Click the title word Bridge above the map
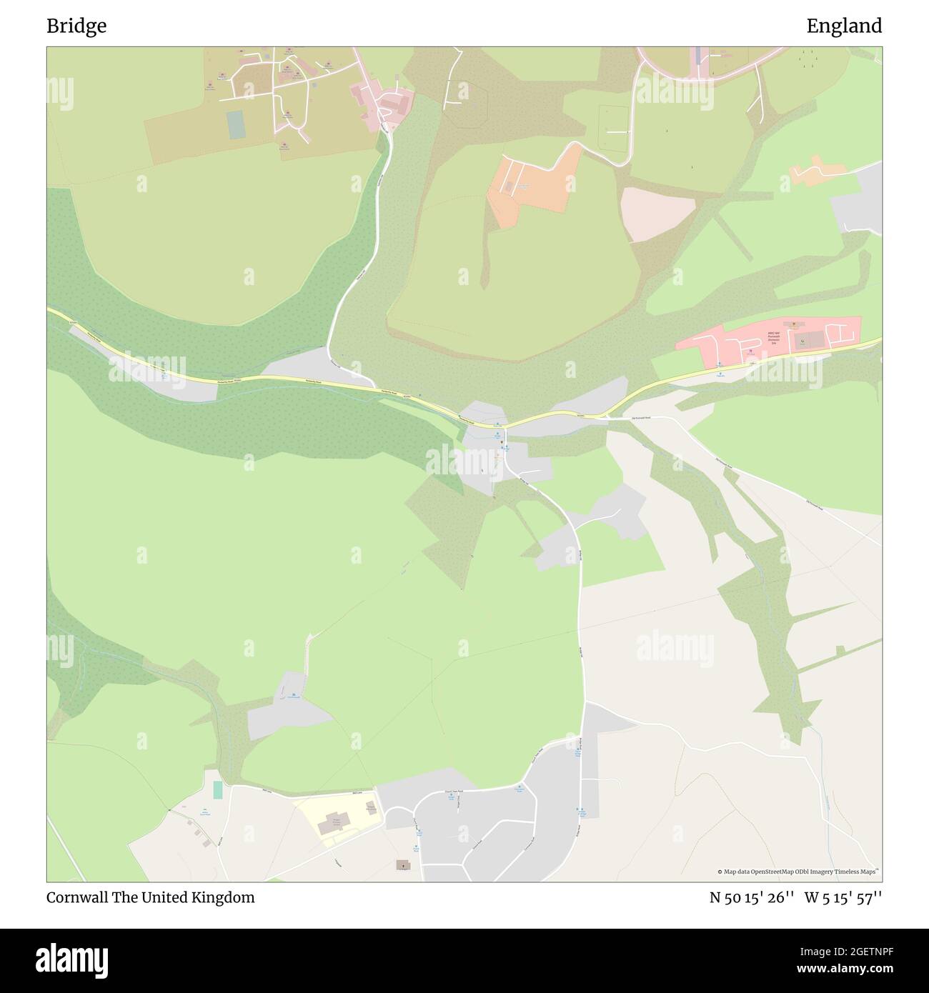pos(76,26)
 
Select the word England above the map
pos(844,26)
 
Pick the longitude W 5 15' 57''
pos(843,898)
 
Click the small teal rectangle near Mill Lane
pos(217,790)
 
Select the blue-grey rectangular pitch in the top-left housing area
pos(236,124)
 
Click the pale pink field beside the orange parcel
pos(657,214)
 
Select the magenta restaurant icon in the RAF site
pos(750,351)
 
